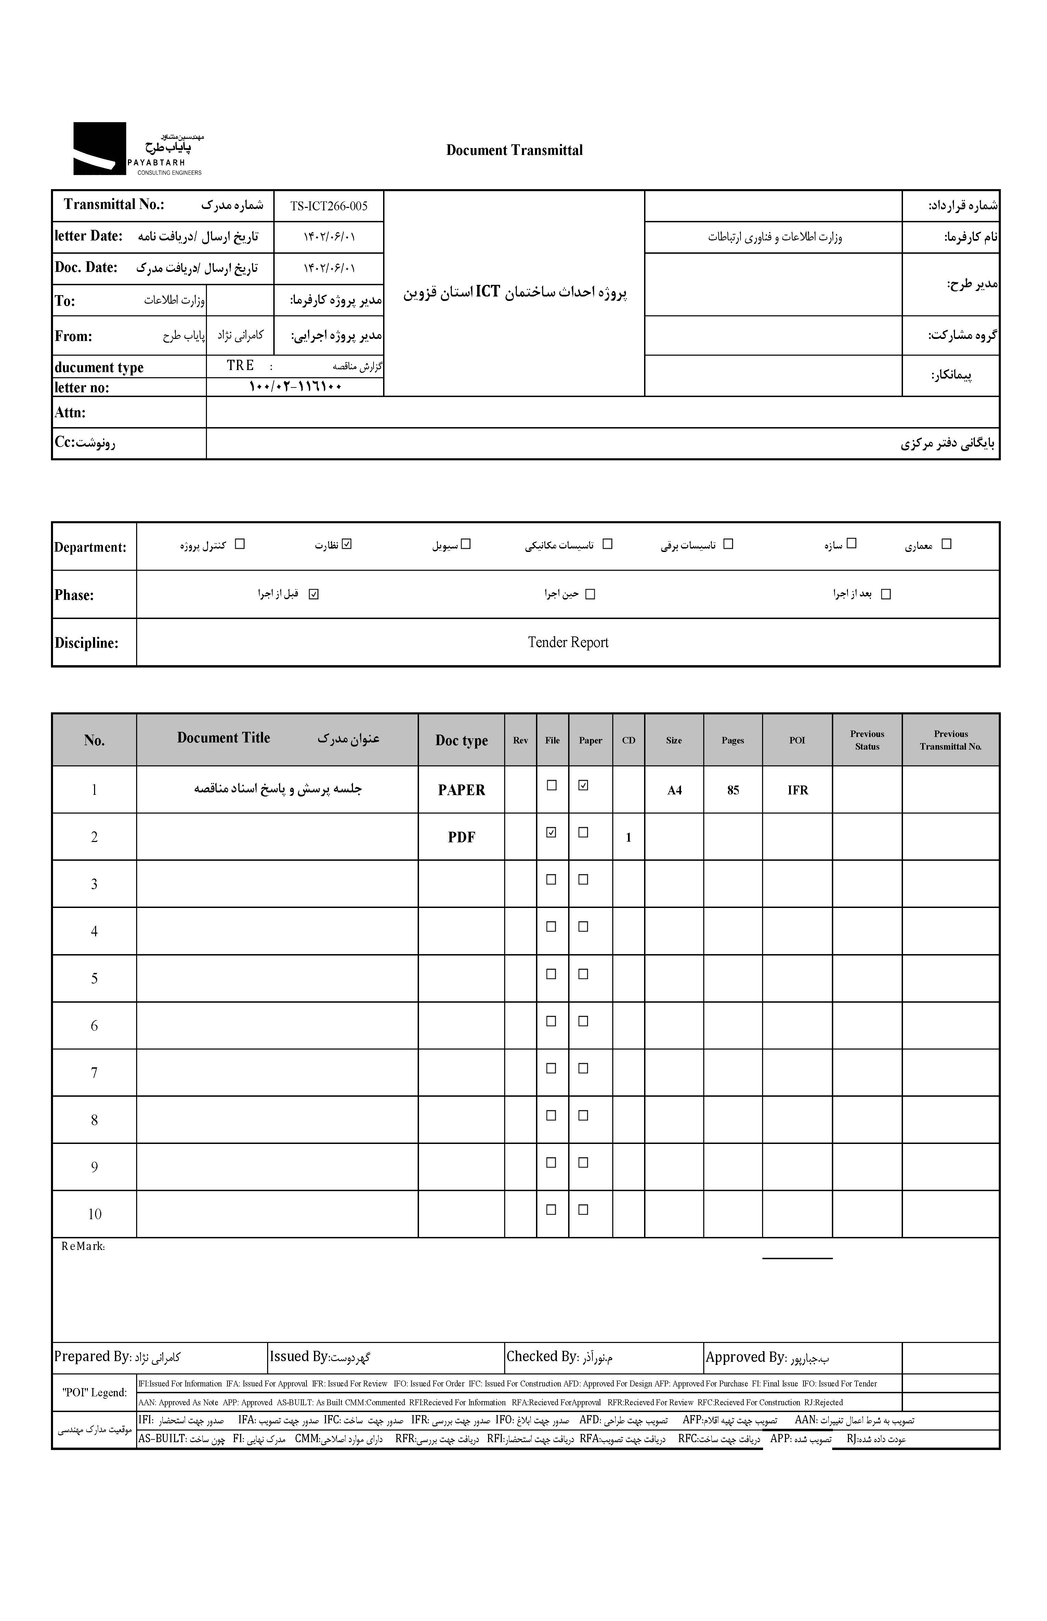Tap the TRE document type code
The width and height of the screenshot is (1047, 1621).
240,366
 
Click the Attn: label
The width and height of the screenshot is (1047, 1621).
70,412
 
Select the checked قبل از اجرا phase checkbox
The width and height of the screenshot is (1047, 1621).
313,594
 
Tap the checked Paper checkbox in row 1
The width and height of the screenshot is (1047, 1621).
583,785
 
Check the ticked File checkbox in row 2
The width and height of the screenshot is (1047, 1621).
551,832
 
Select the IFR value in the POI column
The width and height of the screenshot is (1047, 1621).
798,790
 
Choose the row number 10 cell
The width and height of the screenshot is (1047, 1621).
94,1214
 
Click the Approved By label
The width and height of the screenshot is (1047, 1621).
745,1357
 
